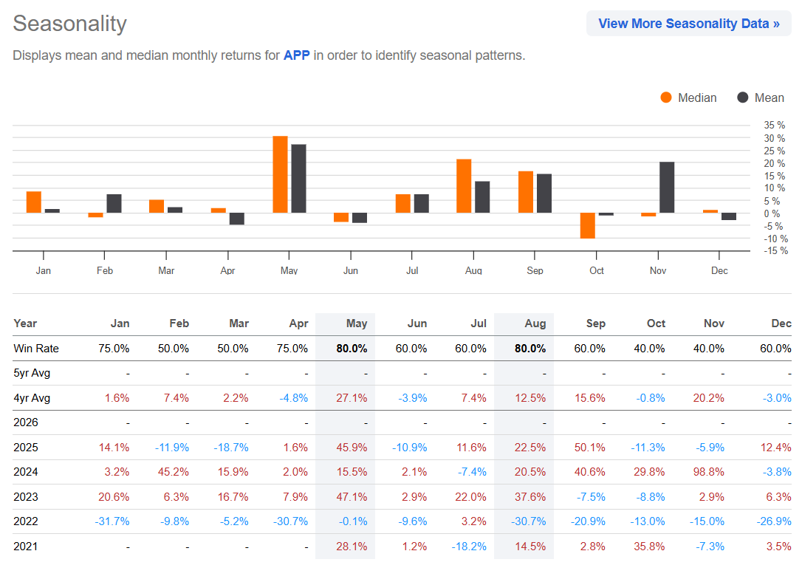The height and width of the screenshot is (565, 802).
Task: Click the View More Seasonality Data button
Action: pos(688,24)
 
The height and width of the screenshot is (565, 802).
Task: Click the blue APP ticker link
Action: pos(296,55)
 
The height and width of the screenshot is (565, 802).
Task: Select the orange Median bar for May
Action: pos(280,175)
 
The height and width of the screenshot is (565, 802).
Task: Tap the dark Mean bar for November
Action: pos(667,188)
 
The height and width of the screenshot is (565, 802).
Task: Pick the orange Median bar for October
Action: pos(587,226)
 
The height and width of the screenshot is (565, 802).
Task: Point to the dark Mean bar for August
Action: pos(482,197)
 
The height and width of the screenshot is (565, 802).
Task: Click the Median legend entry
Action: pos(688,97)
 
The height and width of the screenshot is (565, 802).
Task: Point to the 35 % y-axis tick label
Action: pos(775,126)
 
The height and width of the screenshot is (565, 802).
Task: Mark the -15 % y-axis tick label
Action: pos(775,251)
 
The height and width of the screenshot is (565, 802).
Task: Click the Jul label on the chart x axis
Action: pos(412,271)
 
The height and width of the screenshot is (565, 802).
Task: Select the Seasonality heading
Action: pos(70,24)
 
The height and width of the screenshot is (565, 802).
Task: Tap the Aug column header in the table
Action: pos(535,323)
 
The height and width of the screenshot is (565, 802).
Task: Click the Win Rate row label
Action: pos(35,349)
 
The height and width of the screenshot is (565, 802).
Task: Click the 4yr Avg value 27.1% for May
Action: pos(352,398)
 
